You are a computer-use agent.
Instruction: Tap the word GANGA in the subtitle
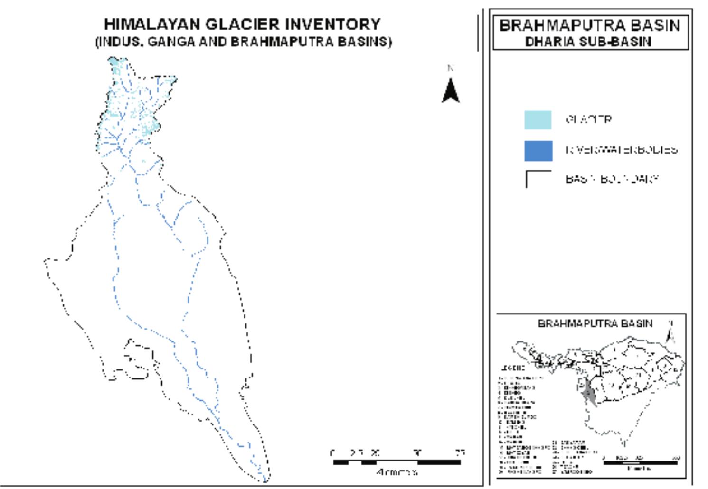[171, 42]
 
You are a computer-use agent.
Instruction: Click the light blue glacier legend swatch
[538, 120]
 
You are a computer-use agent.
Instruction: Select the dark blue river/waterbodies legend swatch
[538, 151]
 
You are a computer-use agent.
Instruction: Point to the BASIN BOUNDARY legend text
[612, 179]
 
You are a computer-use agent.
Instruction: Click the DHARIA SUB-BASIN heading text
[588, 42]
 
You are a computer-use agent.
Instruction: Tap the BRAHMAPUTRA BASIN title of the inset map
[595, 323]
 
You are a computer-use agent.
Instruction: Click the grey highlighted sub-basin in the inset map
[589, 393]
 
